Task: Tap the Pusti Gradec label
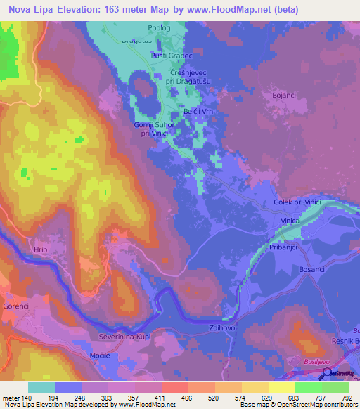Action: [x=171, y=56]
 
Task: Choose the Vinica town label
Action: [x=290, y=221]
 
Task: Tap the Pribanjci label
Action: [x=283, y=248]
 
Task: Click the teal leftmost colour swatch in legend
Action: [x=41, y=387]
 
